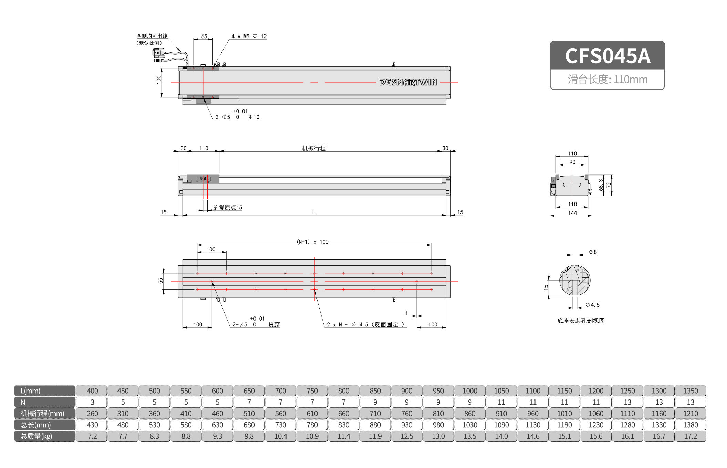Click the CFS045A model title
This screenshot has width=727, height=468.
607,56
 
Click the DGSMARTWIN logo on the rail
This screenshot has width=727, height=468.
408,82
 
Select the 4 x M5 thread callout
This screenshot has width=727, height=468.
249,37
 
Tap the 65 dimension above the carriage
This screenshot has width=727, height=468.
204,36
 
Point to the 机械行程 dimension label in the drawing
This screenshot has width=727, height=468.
314,148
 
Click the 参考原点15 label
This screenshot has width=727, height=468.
227,207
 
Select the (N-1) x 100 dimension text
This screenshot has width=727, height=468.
312,242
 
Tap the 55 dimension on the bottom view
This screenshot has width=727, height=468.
160,281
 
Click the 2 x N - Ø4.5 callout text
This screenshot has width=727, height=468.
365,324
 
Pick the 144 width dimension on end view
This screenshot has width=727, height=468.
572,213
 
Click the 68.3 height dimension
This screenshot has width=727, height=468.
601,185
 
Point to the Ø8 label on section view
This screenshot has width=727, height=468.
593,252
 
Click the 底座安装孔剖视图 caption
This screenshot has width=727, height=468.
581,321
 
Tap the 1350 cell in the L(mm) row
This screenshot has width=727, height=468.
690,391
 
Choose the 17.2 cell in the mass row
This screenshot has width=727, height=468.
690,436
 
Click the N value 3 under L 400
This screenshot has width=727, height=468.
92,402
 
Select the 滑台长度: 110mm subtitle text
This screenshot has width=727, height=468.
607,80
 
